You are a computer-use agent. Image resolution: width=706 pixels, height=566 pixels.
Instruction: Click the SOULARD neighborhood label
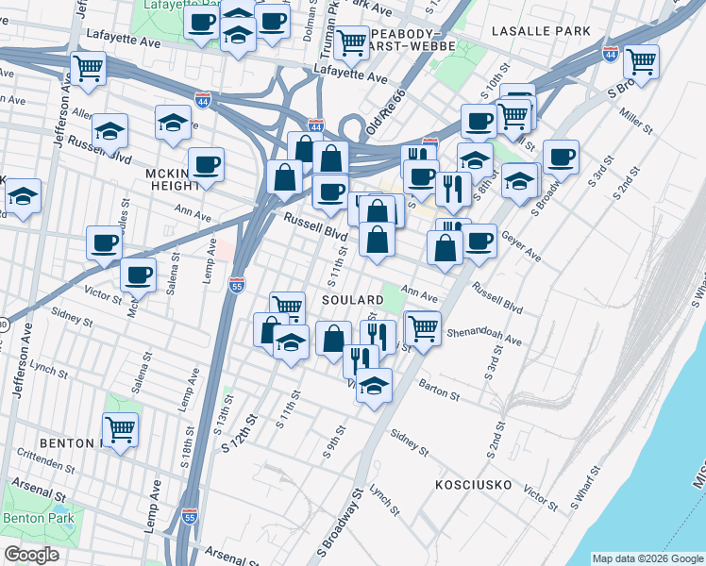click(x=353, y=299)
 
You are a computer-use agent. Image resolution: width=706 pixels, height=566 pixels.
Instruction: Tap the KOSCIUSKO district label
click(x=473, y=485)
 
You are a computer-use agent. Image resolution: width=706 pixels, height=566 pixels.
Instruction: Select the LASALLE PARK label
click(x=541, y=31)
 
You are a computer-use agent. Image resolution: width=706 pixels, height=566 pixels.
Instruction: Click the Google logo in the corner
click(x=31, y=555)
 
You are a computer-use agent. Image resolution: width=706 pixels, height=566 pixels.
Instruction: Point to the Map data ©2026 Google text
click(x=647, y=558)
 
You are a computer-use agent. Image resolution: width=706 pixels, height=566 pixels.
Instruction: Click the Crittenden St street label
click(x=43, y=462)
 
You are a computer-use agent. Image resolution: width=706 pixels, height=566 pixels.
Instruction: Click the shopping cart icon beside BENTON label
click(x=120, y=430)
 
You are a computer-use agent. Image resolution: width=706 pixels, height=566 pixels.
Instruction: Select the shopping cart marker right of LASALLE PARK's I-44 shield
click(x=641, y=61)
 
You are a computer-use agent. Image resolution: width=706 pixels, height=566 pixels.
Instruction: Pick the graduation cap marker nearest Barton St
click(x=375, y=385)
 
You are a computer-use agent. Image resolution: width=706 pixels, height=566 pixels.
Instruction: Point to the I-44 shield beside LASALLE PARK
click(x=611, y=54)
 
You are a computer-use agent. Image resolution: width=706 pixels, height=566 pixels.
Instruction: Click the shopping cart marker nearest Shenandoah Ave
click(x=424, y=328)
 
